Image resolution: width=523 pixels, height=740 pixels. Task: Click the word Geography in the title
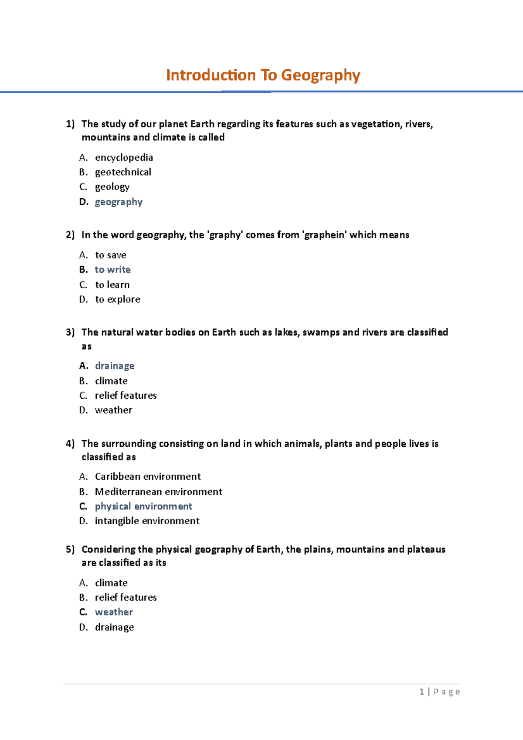point(320,75)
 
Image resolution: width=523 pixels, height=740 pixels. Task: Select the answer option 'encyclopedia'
point(124,157)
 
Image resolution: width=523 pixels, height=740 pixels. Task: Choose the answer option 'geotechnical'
point(123,172)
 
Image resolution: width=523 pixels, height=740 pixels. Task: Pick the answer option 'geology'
point(112,187)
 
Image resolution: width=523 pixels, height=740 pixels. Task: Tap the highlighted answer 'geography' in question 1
point(119,202)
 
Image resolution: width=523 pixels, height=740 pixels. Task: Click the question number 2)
point(70,235)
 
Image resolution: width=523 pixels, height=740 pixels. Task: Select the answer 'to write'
point(112,270)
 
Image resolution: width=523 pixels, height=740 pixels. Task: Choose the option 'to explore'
point(118,299)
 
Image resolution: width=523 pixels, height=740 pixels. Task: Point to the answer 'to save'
point(111,255)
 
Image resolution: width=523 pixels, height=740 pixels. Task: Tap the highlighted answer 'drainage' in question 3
point(115,366)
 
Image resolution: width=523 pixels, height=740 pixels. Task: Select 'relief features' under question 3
point(126,395)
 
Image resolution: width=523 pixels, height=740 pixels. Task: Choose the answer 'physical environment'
point(143,506)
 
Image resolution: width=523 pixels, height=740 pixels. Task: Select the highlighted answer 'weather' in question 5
point(114,612)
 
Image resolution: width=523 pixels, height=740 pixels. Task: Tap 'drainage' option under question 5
point(114,627)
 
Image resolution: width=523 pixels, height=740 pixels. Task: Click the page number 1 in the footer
point(421,692)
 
